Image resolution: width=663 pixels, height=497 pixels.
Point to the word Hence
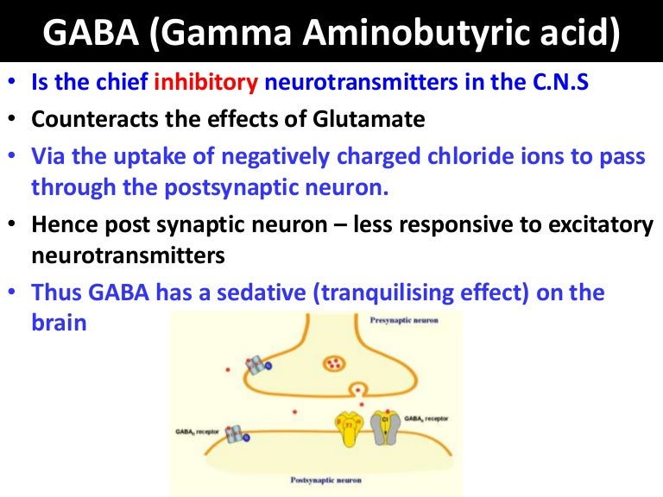pyautogui.click(x=62, y=225)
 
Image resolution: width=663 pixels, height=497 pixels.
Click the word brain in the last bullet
pyautogui.click(x=60, y=326)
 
